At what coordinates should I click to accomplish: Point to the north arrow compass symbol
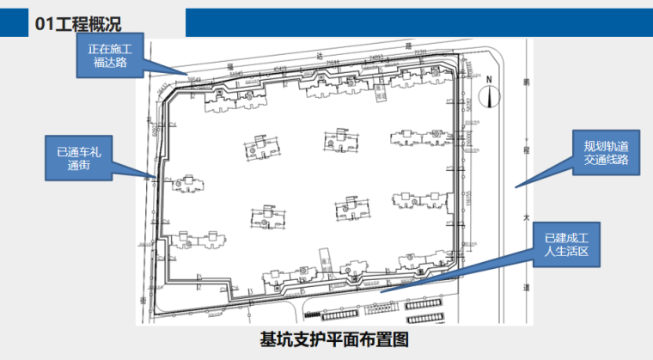(489, 96)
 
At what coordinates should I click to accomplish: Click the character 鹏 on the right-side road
(526, 82)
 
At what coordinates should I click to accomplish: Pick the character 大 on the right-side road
(526, 217)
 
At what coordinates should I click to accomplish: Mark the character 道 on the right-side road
(526, 289)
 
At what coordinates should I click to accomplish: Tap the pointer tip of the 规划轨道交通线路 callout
(516, 186)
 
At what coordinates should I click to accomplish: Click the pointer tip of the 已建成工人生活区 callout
(381, 292)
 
